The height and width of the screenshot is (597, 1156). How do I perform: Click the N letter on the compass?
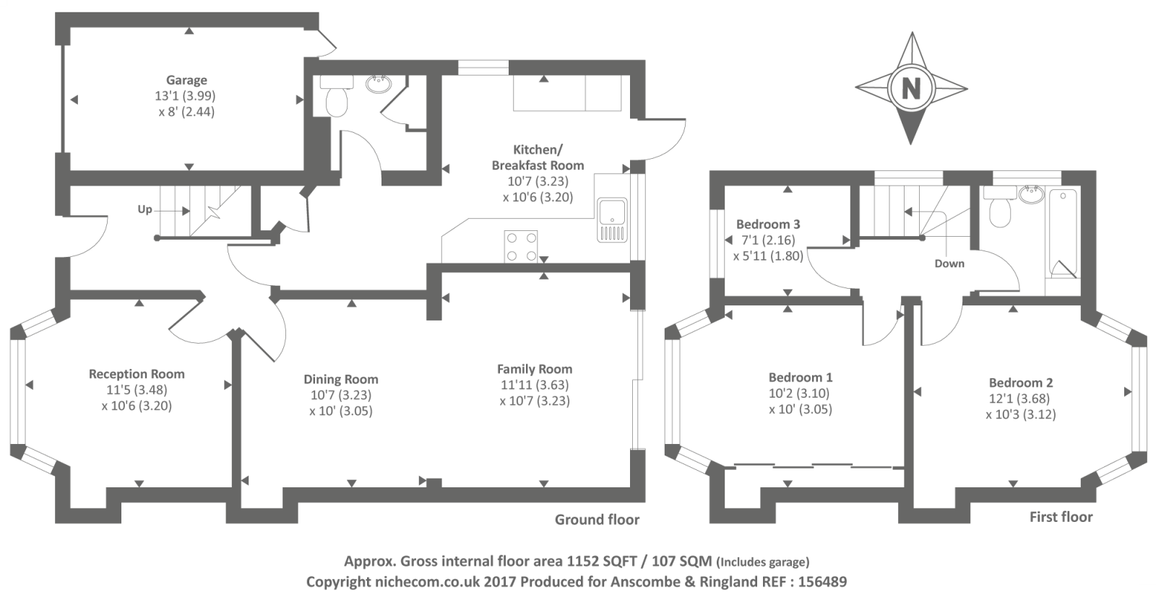911,88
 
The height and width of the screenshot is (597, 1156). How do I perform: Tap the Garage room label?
186,80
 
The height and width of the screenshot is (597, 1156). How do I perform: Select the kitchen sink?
613,220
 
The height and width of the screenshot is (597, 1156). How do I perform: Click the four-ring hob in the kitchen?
521,246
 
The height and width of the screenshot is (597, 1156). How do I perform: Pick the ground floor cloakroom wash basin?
379,84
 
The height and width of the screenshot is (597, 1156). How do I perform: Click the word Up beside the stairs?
145,209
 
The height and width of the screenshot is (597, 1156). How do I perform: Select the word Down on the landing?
949,263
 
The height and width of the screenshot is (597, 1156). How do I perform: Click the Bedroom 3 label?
768,225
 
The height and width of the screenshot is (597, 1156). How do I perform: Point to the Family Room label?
535,369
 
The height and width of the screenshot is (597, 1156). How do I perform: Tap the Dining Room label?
340,380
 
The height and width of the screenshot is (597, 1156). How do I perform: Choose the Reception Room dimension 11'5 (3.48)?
137,390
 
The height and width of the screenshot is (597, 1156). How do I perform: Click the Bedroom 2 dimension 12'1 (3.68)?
1020,398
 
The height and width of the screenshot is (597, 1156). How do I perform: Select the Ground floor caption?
597,520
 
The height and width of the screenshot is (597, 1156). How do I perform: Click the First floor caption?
1061,517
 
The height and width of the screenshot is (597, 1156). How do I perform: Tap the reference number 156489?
823,582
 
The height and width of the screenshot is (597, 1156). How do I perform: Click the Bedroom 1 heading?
801,378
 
